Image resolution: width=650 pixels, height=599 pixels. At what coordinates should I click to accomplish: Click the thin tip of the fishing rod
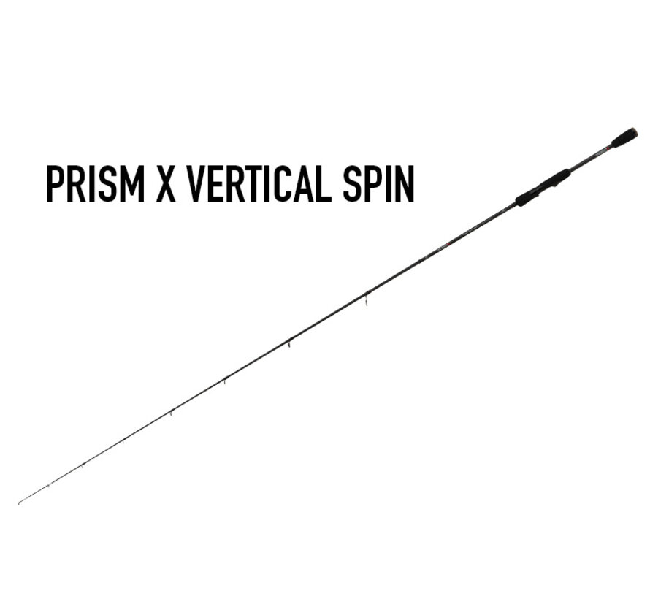pyautogui.click(x=20, y=503)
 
